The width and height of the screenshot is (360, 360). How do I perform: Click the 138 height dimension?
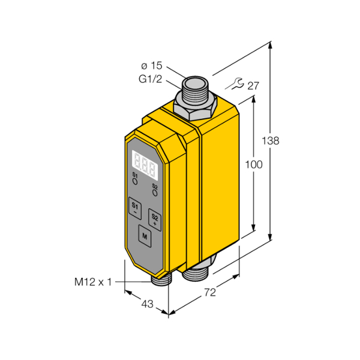271,140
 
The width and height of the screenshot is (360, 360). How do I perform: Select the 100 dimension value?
254,164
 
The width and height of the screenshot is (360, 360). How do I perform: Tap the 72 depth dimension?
210,293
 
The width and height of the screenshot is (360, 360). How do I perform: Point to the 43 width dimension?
147,304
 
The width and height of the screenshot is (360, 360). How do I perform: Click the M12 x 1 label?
93,282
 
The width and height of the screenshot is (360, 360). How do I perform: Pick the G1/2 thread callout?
151,79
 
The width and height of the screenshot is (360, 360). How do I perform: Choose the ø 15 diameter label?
152,66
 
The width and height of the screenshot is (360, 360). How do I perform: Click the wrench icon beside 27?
235,84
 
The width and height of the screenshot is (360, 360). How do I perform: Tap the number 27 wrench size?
253,86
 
